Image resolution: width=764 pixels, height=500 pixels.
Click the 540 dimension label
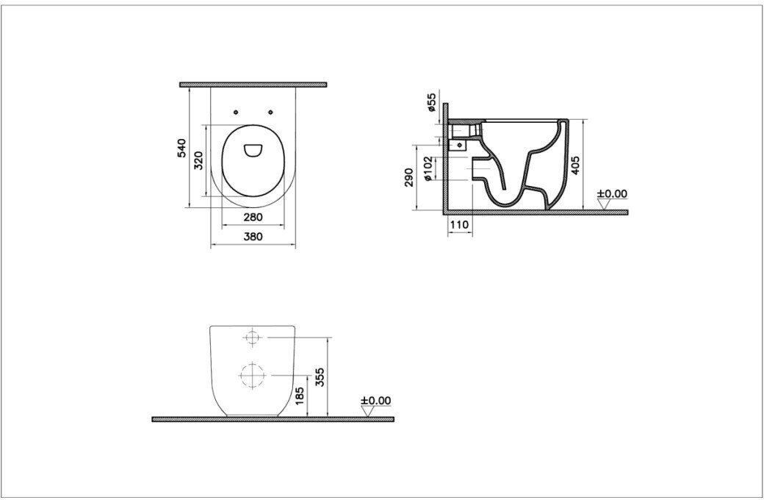[181, 149]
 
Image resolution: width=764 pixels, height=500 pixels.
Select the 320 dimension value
[199, 160]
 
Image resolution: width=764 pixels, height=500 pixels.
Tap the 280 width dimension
[253, 217]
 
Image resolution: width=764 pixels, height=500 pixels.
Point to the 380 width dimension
[253, 237]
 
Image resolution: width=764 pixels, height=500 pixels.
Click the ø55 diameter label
[431, 103]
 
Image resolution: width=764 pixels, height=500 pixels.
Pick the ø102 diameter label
[428, 169]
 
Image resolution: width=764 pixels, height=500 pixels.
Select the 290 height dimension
[408, 177]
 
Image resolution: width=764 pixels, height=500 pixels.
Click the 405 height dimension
[575, 165]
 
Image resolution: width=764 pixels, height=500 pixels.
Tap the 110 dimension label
[459, 225]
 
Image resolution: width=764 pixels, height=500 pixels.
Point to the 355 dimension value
[320, 377]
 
